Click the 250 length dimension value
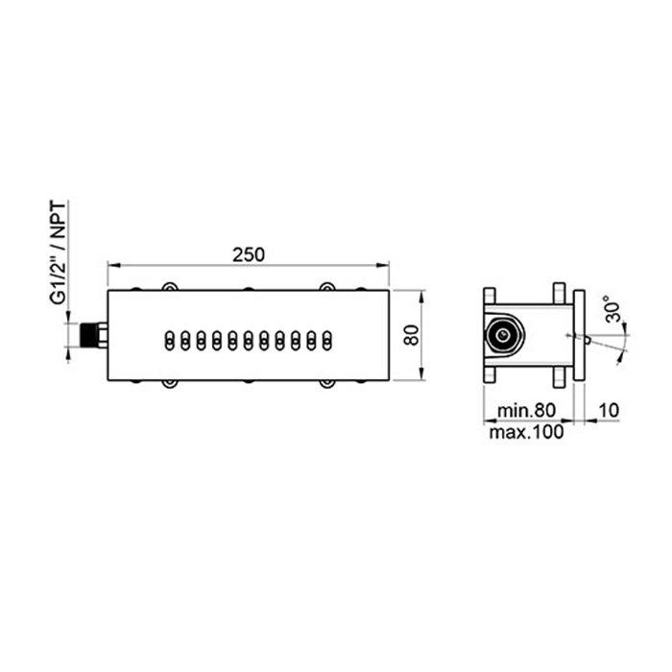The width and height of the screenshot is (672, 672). (249, 254)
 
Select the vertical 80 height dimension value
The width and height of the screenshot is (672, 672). (412, 335)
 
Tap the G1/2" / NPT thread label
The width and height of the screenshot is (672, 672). (59, 252)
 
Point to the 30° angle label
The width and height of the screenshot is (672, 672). (612, 308)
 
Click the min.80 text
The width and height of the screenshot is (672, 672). (526, 410)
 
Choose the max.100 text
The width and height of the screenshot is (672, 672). (526, 432)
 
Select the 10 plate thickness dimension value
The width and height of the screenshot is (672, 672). (609, 410)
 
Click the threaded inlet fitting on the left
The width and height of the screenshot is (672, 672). (94, 335)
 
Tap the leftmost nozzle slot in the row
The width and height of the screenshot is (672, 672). (170, 341)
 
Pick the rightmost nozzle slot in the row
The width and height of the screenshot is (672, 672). (327, 341)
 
